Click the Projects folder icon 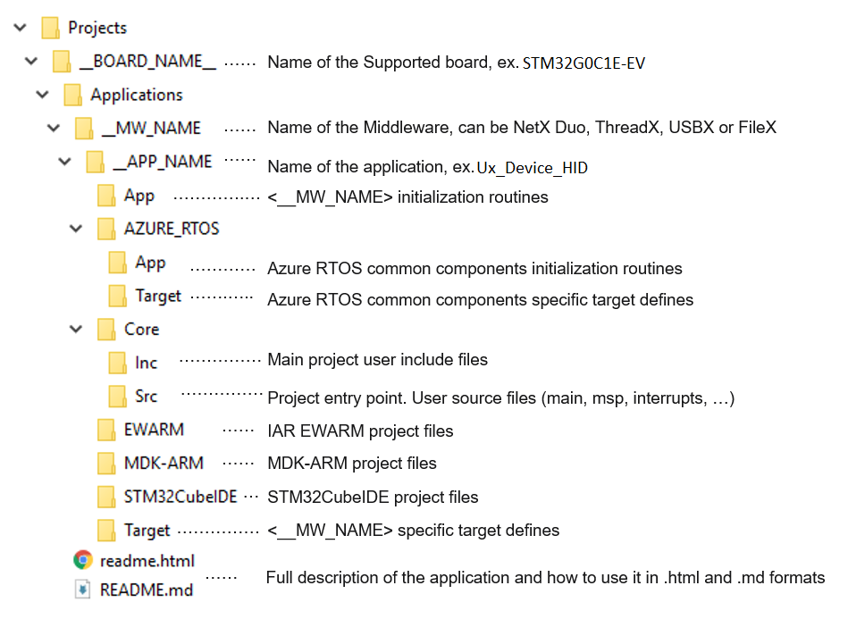click(50, 28)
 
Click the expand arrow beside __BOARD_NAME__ click(32, 62)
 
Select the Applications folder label click(137, 95)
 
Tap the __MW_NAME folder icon click(84, 129)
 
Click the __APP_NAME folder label click(163, 162)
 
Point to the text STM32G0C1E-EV click(584, 63)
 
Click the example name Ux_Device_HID click(532, 168)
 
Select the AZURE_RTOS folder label click(172, 229)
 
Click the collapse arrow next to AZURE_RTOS click(76, 229)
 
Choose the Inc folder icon click(118, 363)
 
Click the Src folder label click(147, 396)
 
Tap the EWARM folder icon click(106, 430)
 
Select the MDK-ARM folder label click(164, 463)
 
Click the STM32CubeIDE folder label click(181, 497)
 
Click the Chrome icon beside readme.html click(83, 561)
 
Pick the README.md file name click(147, 590)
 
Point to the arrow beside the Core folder click(76, 330)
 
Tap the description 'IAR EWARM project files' click(360, 431)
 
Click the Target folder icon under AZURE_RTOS click(118, 296)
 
